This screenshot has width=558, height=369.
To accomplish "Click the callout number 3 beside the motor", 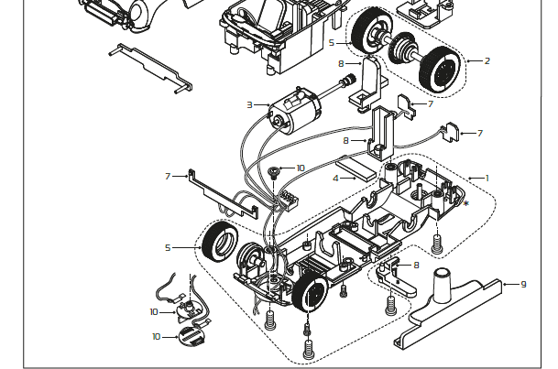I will [249, 105].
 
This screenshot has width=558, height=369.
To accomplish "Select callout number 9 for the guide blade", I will [523, 285].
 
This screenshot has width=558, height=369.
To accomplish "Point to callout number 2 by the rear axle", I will [487, 61].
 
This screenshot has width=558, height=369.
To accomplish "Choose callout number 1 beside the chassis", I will [487, 178].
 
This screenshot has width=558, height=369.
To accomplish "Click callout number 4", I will [336, 178].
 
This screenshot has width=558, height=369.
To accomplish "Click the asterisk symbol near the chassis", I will [465, 203].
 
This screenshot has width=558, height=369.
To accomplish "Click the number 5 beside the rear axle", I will [332, 42].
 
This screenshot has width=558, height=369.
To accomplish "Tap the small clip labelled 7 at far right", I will [450, 134].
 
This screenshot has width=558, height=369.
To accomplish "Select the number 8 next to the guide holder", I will [416, 266].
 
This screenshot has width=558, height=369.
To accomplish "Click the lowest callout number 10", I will [156, 337].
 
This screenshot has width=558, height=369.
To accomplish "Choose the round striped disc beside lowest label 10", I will [190, 336].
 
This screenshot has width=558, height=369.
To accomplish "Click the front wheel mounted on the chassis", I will [310, 292].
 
